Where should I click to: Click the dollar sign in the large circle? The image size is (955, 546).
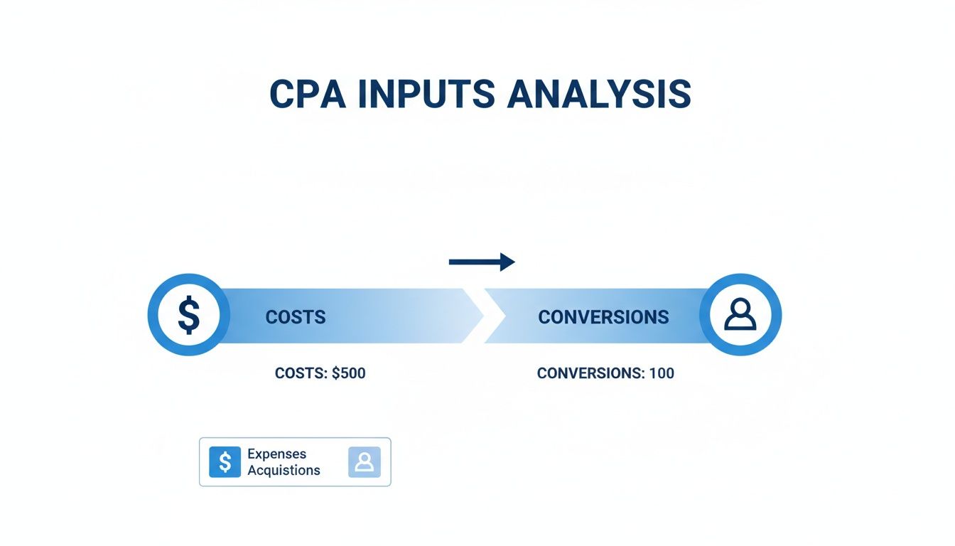coord(188,316)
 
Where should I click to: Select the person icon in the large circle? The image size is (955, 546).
coord(740,316)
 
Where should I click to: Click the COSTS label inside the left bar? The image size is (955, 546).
coord(295,317)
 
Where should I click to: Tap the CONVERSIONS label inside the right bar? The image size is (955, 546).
coord(603,317)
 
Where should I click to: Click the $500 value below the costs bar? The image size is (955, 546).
coord(348,373)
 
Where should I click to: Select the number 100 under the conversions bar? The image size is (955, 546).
coord(661,373)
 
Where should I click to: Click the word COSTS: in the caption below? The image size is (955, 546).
coord(301,373)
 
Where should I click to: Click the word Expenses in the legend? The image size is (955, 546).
coord(276,454)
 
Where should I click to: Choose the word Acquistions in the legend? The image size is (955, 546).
coord(284,470)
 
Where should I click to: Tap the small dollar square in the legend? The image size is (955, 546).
coord(225,462)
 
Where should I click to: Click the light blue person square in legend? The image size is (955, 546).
coord(364,462)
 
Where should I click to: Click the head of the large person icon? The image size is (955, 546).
coord(740,309)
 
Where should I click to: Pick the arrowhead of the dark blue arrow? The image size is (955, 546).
coord(507,262)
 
